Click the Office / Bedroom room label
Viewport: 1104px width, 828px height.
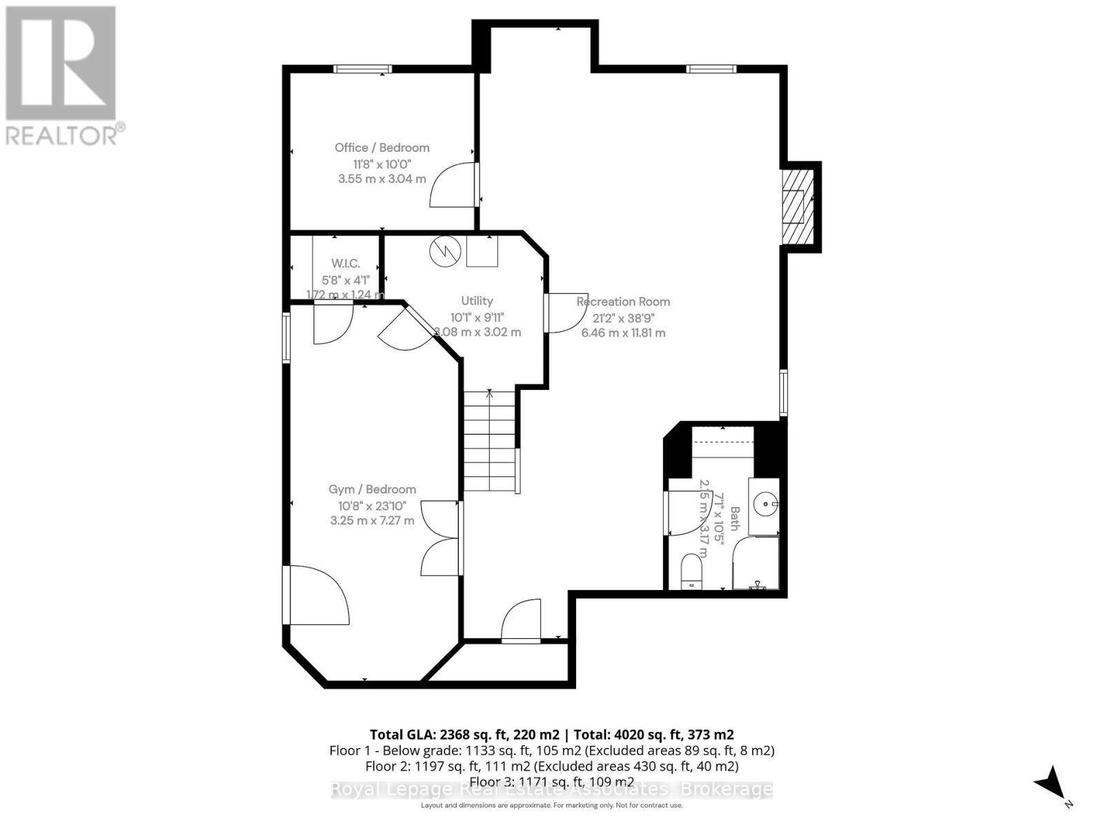coord(382,148)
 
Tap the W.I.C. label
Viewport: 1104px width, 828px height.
coord(345,264)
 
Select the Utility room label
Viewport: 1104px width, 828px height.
coord(477,301)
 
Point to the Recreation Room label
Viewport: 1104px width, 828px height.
coord(623,302)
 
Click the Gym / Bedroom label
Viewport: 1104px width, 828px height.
coord(372,489)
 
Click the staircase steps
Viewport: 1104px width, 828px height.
coord(489,442)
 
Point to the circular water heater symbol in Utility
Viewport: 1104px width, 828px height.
coord(445,251)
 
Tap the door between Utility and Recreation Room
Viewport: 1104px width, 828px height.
coord(566,314)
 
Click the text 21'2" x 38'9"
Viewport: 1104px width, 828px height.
coord(623,318)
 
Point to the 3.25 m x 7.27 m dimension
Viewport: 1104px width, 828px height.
coord(372,520)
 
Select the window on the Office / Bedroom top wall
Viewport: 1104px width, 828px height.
coord(362,68)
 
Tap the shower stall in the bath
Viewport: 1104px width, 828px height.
coord(756,563)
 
